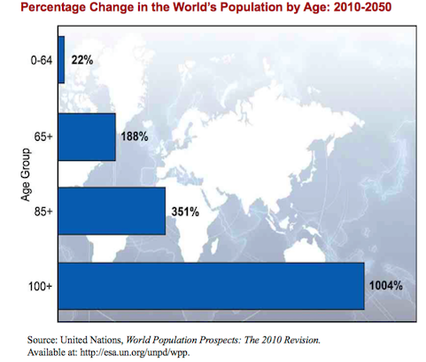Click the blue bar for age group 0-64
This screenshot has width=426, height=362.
(61, 61)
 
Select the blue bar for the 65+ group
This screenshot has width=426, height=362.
(86, 136)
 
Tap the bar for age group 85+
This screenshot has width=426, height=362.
(111, 211)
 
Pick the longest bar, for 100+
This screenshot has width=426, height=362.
(211, 286)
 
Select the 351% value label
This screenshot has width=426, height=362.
(184, 212)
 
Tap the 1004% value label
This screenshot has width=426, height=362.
(387, 287)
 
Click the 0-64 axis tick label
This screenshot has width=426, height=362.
(40, 61)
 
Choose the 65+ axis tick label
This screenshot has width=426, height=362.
(43, 136)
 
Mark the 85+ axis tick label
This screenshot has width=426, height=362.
(43, 211)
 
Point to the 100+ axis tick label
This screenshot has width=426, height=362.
(40, 286)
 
